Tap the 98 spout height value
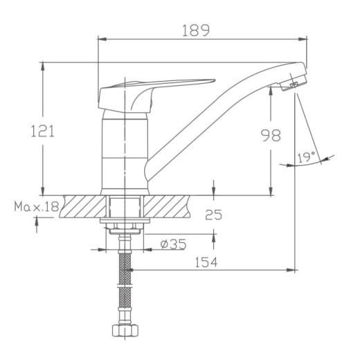click(271, 136)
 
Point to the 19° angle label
click(306, 158)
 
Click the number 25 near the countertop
click(213, 215)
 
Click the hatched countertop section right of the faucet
click(166, 206)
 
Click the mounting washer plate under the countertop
click(125, 222)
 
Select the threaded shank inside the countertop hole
click(125, 206)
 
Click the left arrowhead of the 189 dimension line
click(100, 39)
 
